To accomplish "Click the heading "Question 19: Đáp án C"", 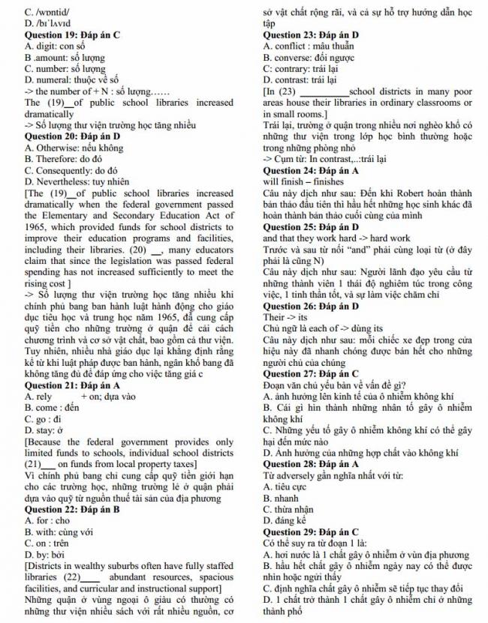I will pyautogui.click(x=72, y=34).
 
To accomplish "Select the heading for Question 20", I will pyautogui.click(x=73, y=136).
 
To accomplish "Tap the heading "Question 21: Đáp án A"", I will pyautogui.click(x=72, y=385).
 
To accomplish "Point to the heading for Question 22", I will pyautogui.click(x=72, y=508).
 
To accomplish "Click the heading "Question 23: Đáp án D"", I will pyautogui.click(x=311, y=34).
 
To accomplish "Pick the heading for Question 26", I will pyautogui.click(x=311, y=305).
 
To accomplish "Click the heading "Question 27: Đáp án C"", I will pyautogui.click(x=311, y=373).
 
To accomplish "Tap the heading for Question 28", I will pyautogui.click(x=311, y=464).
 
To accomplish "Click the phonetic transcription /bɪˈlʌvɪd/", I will pyautogui.click(x=47, y=24).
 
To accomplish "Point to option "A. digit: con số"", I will pyautogui.click(x=55, y=46).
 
